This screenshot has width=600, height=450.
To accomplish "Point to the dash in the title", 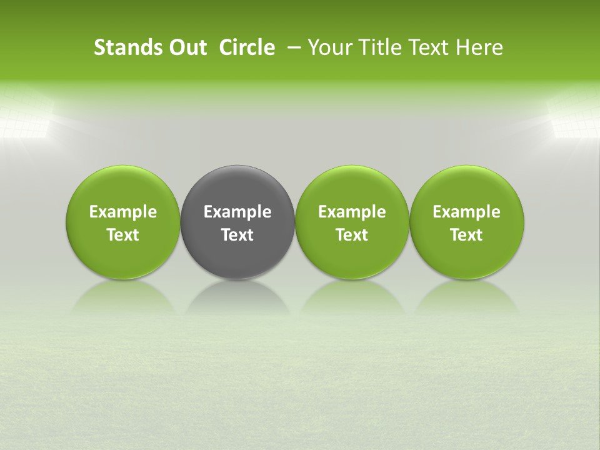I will tap(292, 47).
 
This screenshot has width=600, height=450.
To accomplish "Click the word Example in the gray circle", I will tap(237, 212).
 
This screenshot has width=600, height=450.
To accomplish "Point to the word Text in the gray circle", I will tap(237, 235).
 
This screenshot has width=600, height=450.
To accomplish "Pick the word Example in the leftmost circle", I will tap(123, 212).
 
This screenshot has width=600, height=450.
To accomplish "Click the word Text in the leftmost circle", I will tap(123, 235).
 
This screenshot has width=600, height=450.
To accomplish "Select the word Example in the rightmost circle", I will tap(467, 212).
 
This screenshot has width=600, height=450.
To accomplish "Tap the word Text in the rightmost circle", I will tap(467, 235).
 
